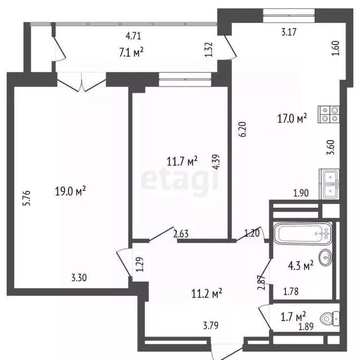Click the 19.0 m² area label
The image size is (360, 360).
[71, 192]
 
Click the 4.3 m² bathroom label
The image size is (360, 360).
[300, 266]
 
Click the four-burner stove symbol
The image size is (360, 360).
[329, 114]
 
